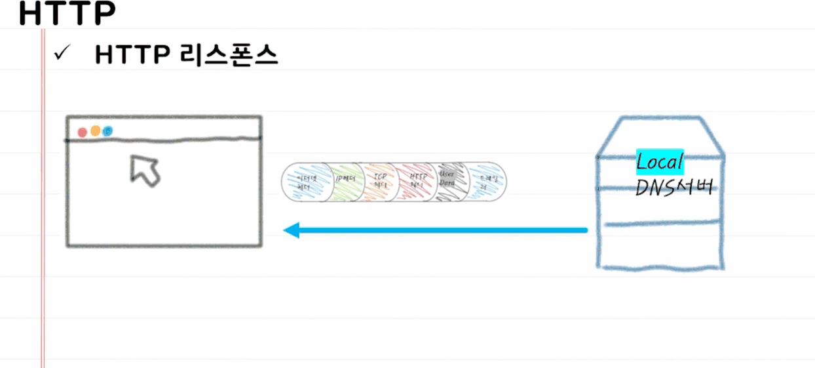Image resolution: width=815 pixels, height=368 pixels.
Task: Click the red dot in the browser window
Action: click(83, 133)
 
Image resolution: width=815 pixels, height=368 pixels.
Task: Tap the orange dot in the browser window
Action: click(96, 131)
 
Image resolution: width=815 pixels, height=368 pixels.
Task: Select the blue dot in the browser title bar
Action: click(108, 131)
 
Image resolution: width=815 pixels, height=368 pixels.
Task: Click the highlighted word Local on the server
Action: click(660, 161)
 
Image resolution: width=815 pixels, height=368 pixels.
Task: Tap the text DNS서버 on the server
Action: click(673, 187)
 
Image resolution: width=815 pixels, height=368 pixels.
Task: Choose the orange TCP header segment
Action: click(380, 182)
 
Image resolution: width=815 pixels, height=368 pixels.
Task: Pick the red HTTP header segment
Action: click(417, 182)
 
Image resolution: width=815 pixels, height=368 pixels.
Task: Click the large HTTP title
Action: click(67, 14)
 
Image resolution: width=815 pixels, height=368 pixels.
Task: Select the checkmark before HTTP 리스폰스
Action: click(62, 55)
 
